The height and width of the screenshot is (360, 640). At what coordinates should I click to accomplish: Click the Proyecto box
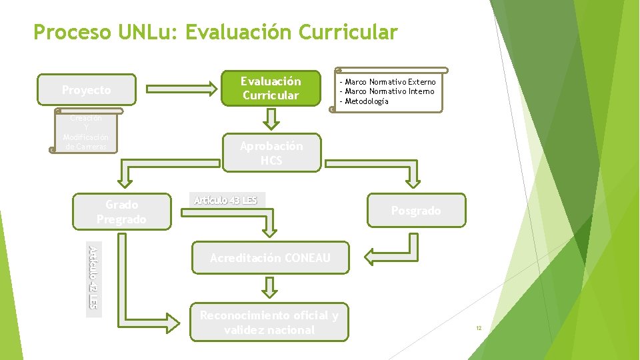[x=87, y=90]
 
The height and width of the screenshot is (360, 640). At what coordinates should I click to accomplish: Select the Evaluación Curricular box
[x=271, y=89]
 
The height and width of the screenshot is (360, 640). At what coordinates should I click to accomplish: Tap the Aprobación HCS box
[x=271, y=153]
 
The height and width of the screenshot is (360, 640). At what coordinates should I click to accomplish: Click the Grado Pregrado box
[x=121, y=212]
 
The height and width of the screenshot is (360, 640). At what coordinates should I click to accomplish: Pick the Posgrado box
[x=415, y=211]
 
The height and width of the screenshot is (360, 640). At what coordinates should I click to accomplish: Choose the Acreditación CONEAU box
[x=270, y=258]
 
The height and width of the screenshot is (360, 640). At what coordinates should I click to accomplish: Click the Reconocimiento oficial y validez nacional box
[x=269, y=323]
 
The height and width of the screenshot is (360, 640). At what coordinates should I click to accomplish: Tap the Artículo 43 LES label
[x=225, y=200]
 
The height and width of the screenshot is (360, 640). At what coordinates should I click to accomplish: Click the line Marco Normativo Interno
[x=389, y=91]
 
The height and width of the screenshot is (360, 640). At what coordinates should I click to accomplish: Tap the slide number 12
[x=479, y=329]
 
